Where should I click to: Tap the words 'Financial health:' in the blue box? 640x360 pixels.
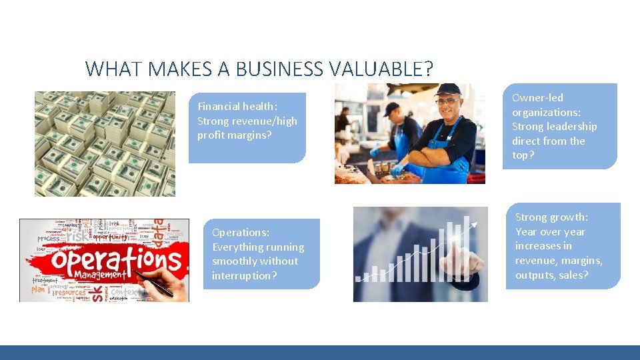pyautogui.click(x=237, y=107)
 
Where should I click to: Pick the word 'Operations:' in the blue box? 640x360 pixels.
pyautogui.click(x=241, y=233)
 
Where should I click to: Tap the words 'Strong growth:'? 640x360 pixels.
pyautogui.click(x=551, y=217)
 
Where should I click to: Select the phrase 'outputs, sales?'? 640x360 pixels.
pyautogui.click(x=552, y=275)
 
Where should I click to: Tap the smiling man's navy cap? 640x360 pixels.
pyautogui.click(x=448, y=89)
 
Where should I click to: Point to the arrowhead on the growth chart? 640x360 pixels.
pyautogui.click(x=475, y=225)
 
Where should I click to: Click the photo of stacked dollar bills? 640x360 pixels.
pyautogui.click(x=105, y=143)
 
